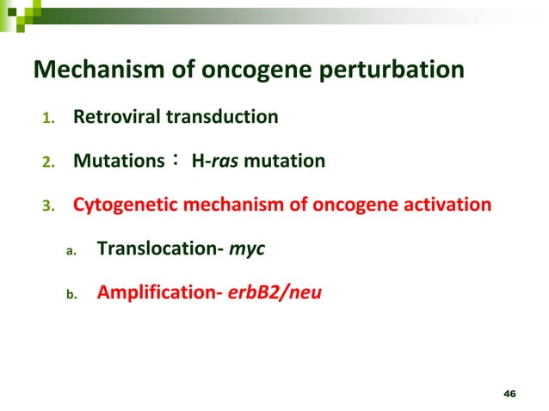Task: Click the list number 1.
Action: tap(48, 117)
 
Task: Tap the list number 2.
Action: tap(48, 162)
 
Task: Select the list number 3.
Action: tap(48, 206)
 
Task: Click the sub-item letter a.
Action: tap(72, 251)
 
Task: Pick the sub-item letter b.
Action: tap(72, 295)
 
